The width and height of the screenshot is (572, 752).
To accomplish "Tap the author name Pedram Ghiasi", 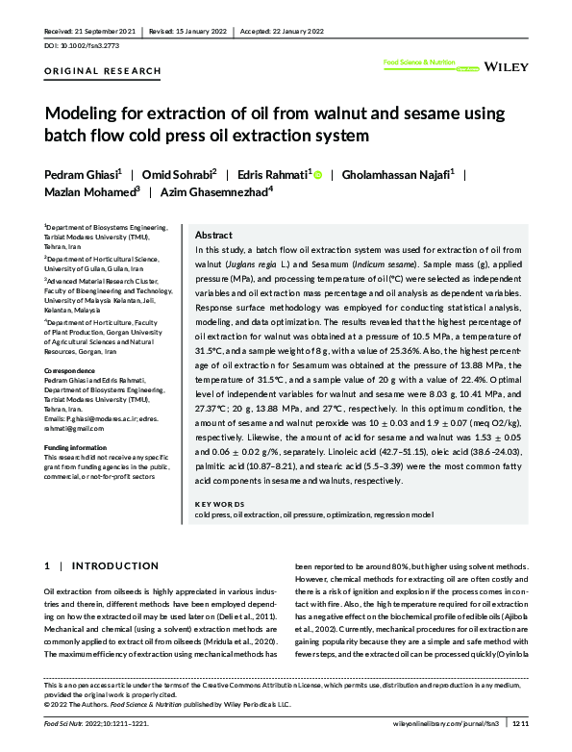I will pos(82,174).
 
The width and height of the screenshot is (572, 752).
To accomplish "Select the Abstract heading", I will pos(213,235).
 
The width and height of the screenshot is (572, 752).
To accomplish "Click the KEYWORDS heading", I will pos(219,504).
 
